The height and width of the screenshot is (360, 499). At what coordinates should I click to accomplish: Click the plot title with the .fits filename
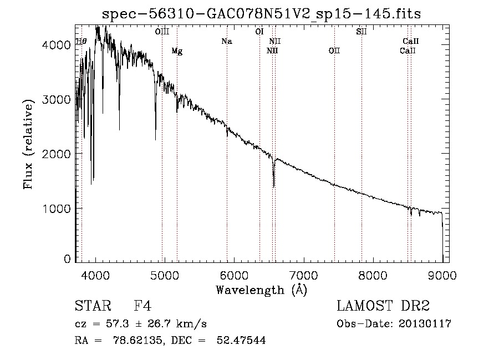tap(262, 14)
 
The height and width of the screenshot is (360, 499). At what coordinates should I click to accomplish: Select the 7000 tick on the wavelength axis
tap(303, 276)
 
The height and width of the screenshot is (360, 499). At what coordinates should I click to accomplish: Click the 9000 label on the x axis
tap(442, 276)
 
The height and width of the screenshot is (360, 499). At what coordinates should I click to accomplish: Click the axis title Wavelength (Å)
tap(261, 290)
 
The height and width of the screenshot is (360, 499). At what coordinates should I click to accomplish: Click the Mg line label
tap(177, 51)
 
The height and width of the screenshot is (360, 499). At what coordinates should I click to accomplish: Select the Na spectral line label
tap(226, 41)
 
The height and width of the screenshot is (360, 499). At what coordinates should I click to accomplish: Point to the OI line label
tap(259, 32)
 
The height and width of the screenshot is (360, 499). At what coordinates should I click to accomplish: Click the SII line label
tap(361, 32)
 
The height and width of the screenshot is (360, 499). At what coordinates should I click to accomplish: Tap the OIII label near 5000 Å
tap(162, 32)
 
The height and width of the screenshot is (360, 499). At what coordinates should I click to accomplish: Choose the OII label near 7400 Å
tap(334, 51)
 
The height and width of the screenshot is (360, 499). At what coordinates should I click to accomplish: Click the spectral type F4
tap(142, 306)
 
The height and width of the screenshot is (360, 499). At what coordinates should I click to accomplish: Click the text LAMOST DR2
tap(383, 306)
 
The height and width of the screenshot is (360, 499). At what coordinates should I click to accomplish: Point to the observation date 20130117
tap(424, 324)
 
